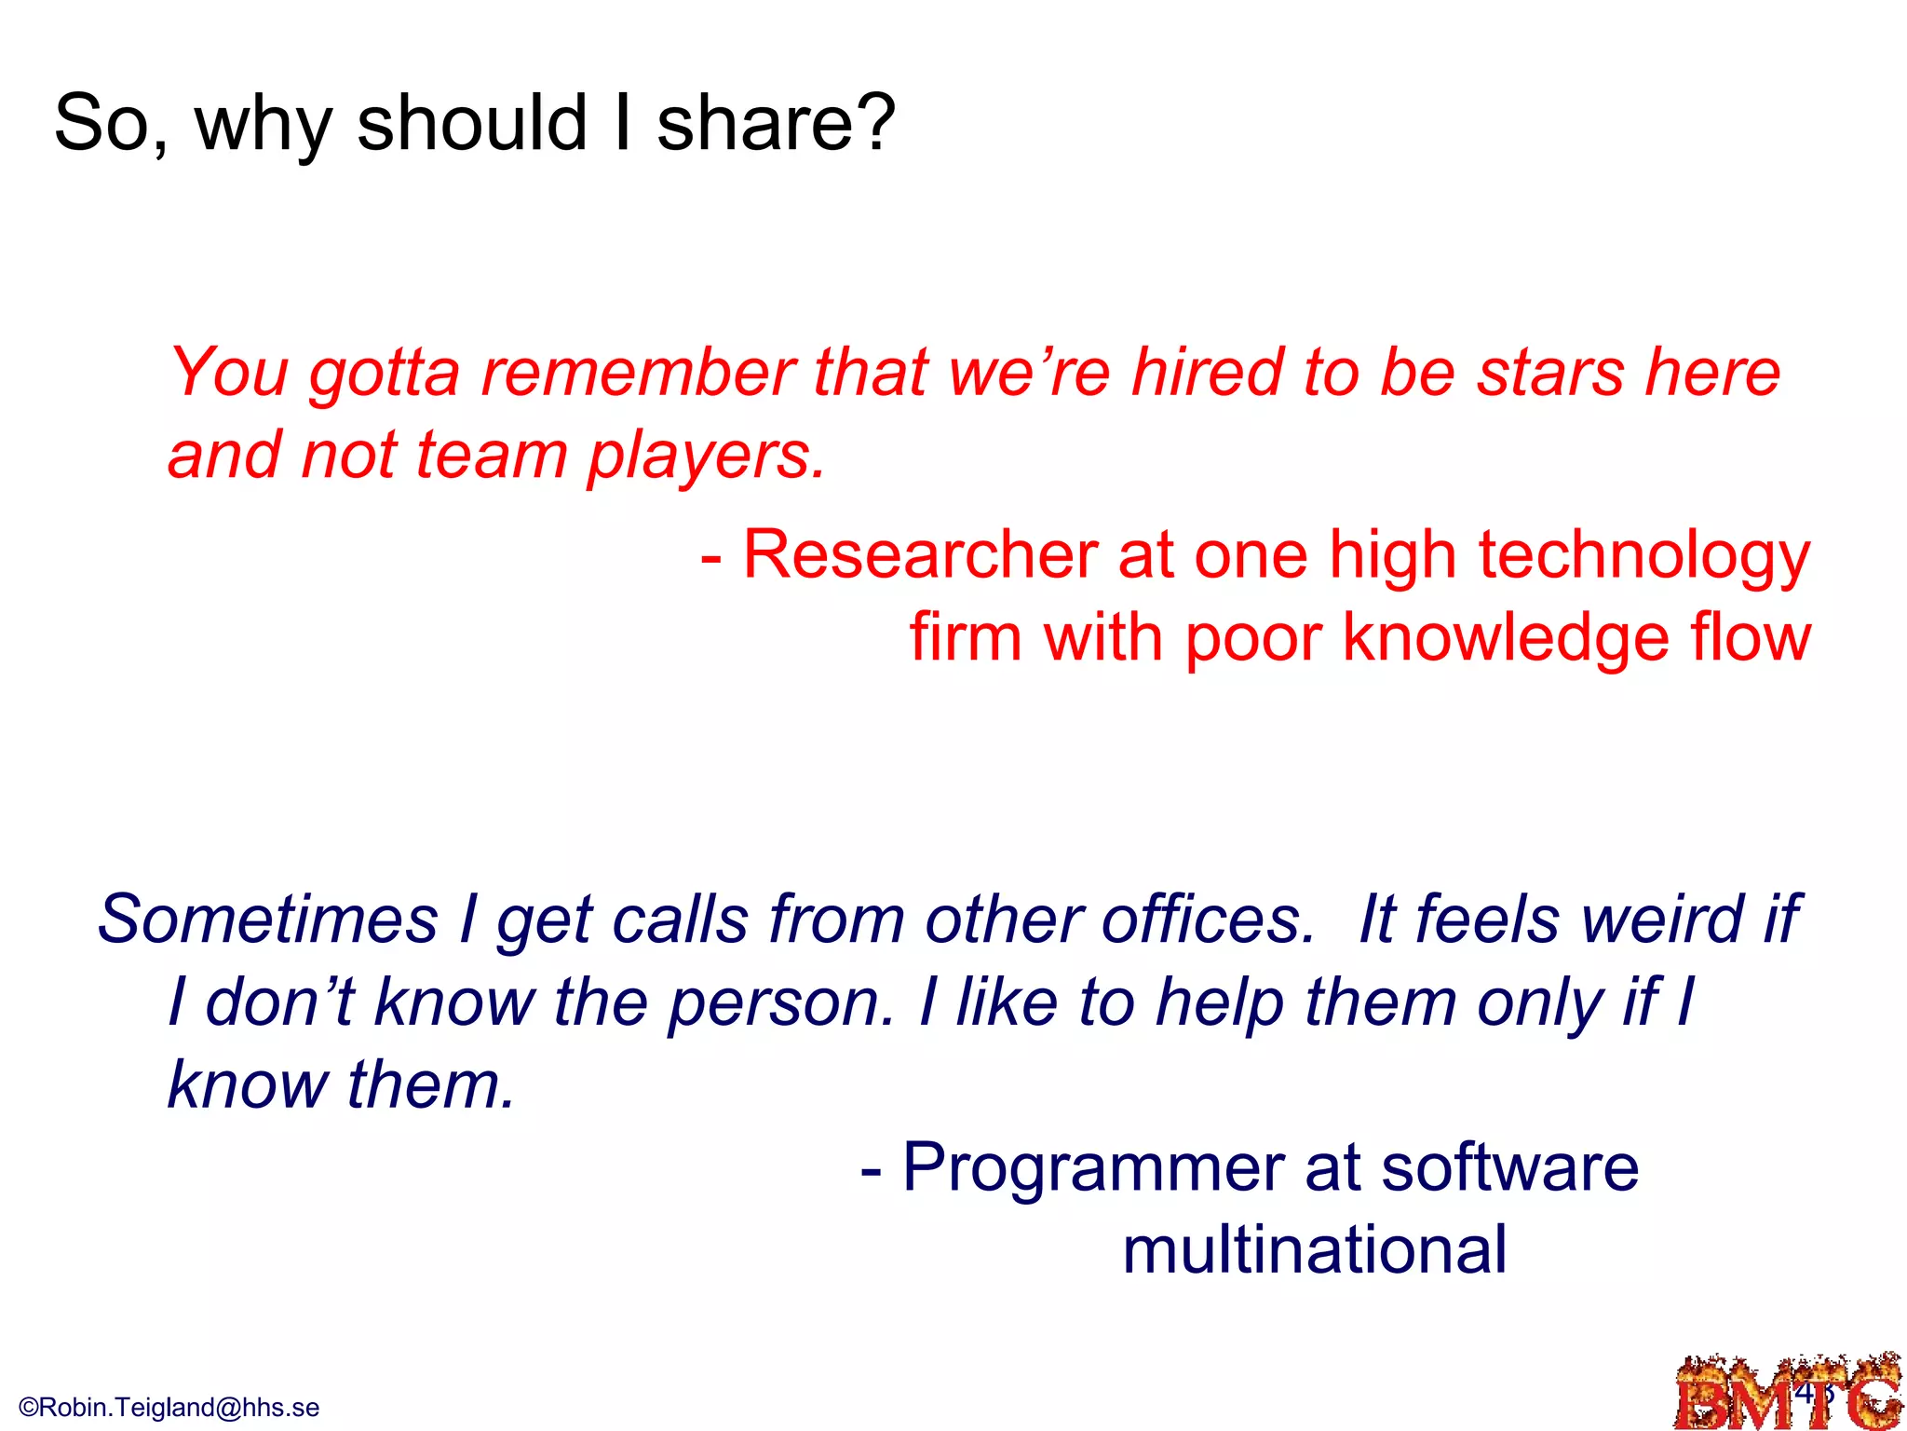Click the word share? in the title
[x=776, y=123]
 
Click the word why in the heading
[x=263, y=123]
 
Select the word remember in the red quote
[x=638, y=373]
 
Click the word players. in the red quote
[x=706, y=457]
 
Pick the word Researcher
[x=920, y=555]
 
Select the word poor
[x=1253, y=639]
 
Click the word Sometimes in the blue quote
[x=268, y=920]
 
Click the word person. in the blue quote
[x=780, y=1003]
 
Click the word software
[x=1509, y=1168]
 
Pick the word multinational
[x=1314, y=1250]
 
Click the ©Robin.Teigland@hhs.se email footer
[x=169, y=1407]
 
